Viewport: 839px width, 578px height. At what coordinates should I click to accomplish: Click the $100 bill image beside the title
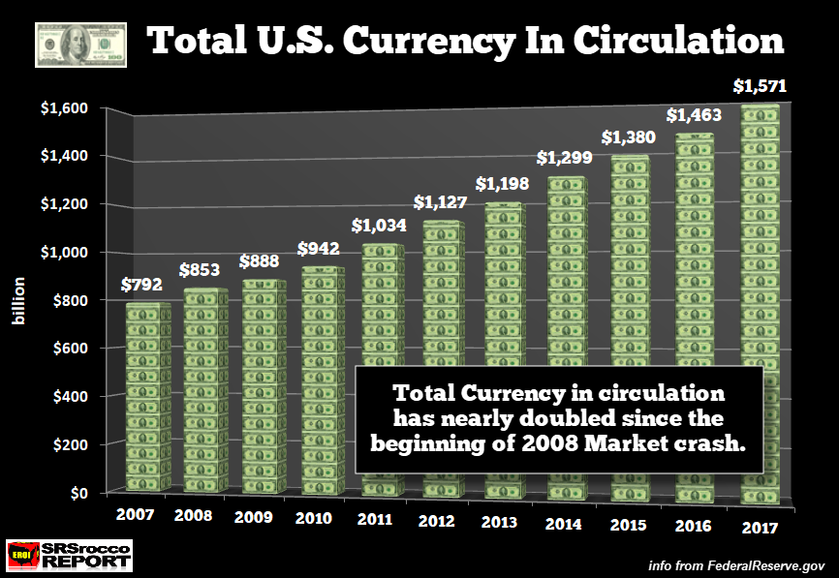click(80, 45)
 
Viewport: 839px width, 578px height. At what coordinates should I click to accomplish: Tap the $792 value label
click(141, 286)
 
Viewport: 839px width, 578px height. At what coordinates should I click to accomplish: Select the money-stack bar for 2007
click(147, 397)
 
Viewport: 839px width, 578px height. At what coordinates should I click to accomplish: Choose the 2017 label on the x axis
click(756, 530)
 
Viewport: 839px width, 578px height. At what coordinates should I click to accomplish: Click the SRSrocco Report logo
click(68, 555)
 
